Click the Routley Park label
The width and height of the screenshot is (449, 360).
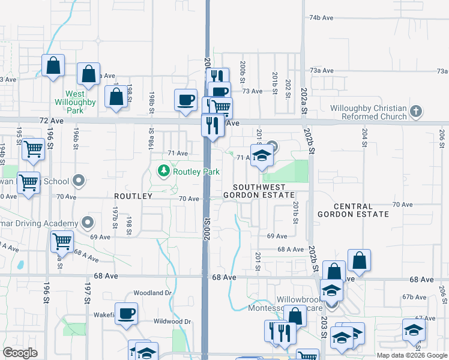(x=196, y=172)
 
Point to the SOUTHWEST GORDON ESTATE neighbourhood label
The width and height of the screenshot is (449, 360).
(x=259, y=191)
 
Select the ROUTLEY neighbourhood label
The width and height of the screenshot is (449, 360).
(x=133, y=196)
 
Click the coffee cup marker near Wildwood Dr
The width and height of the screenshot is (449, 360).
(x=126, y=314)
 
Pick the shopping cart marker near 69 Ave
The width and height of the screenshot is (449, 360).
(x=62, y=242)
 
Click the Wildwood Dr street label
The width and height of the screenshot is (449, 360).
(x=172, y=322)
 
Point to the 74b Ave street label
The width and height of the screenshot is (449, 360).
(x=321, y=18)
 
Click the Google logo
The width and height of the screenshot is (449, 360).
(x=20, y=353)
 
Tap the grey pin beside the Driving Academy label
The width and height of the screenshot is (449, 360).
(x=88, y=223)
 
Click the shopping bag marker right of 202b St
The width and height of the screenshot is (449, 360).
(x=359, y=260)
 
